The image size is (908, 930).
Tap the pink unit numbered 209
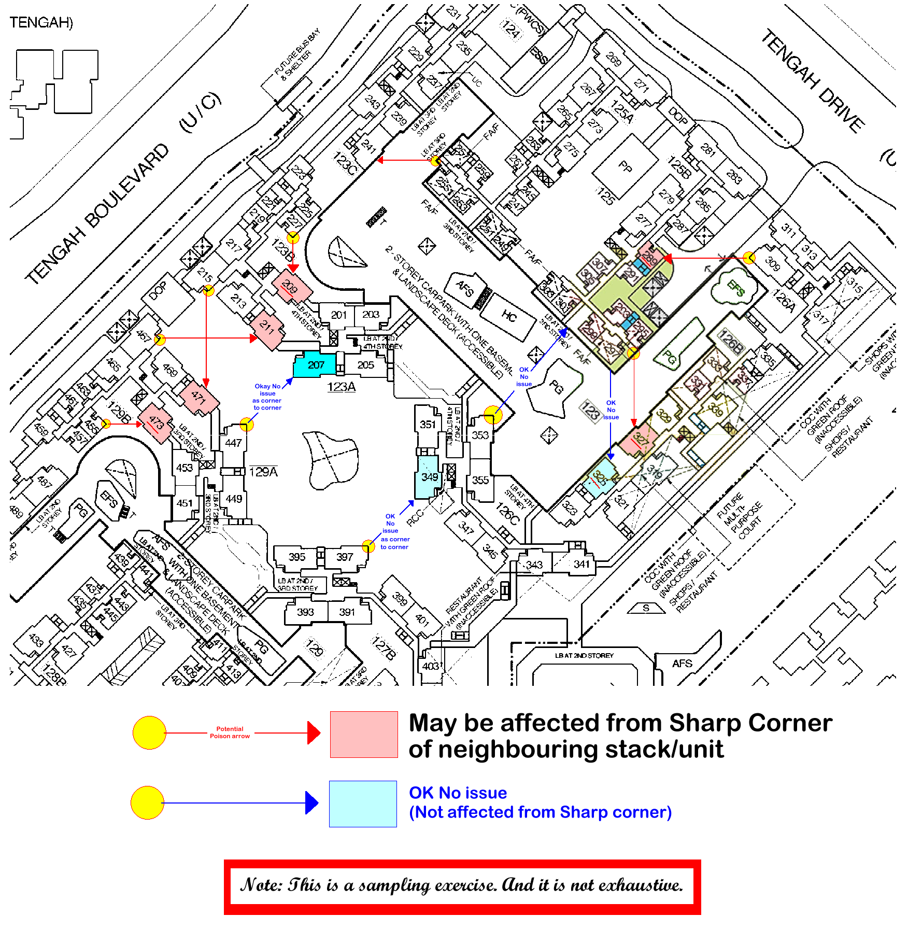[291, 286]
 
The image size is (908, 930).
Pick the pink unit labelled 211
[267, 328]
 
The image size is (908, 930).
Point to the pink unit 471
[199, 398]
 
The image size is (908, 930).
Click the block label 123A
[341, 387]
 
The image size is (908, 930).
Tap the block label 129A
[263, 472]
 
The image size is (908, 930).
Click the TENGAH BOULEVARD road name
[98, 213]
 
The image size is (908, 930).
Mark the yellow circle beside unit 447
[247, 425]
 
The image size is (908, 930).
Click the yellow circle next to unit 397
[368, 546]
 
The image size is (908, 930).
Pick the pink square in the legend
[364, 734]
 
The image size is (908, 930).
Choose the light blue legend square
[363, 804]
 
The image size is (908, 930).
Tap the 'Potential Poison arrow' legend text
[230, 732]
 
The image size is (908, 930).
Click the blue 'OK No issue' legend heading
[458, 793]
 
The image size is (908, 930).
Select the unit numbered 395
[297, 557]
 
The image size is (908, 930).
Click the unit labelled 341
[581, 564]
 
